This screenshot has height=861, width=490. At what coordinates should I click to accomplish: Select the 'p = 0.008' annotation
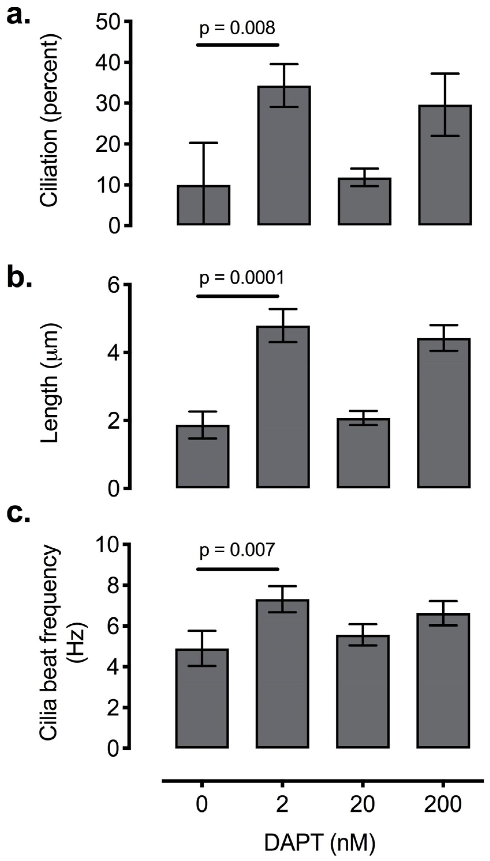[x=237, y=28]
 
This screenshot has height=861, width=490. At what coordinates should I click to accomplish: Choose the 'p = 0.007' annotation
[x=237, y=550]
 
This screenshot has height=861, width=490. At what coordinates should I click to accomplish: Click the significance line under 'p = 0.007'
[x=238, y=569]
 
